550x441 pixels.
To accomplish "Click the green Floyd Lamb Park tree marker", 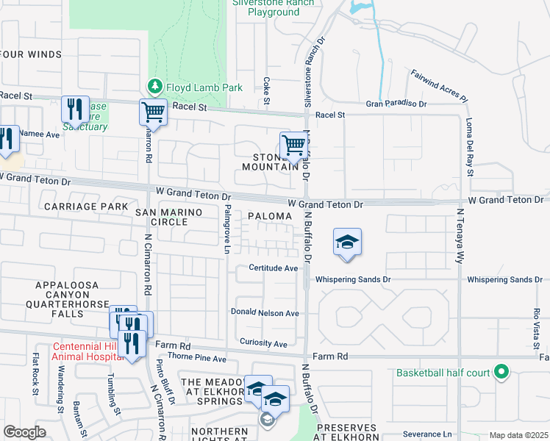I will [x=154, y=87].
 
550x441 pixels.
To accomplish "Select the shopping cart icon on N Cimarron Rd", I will [x=153, y=112].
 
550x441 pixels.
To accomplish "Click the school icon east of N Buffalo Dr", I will [x=347, y=243].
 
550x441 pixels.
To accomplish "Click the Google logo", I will [x=25, y=432].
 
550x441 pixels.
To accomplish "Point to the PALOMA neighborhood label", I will [x=269, y=216].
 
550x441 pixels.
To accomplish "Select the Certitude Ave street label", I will [x=273, y=268].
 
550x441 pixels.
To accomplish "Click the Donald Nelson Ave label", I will [x=265, y=312].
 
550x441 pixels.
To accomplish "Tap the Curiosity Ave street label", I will [x=263, y=343].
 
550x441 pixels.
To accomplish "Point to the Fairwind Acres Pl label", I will [x=439, y=85].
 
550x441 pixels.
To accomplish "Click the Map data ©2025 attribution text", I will [x=518, y=435].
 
